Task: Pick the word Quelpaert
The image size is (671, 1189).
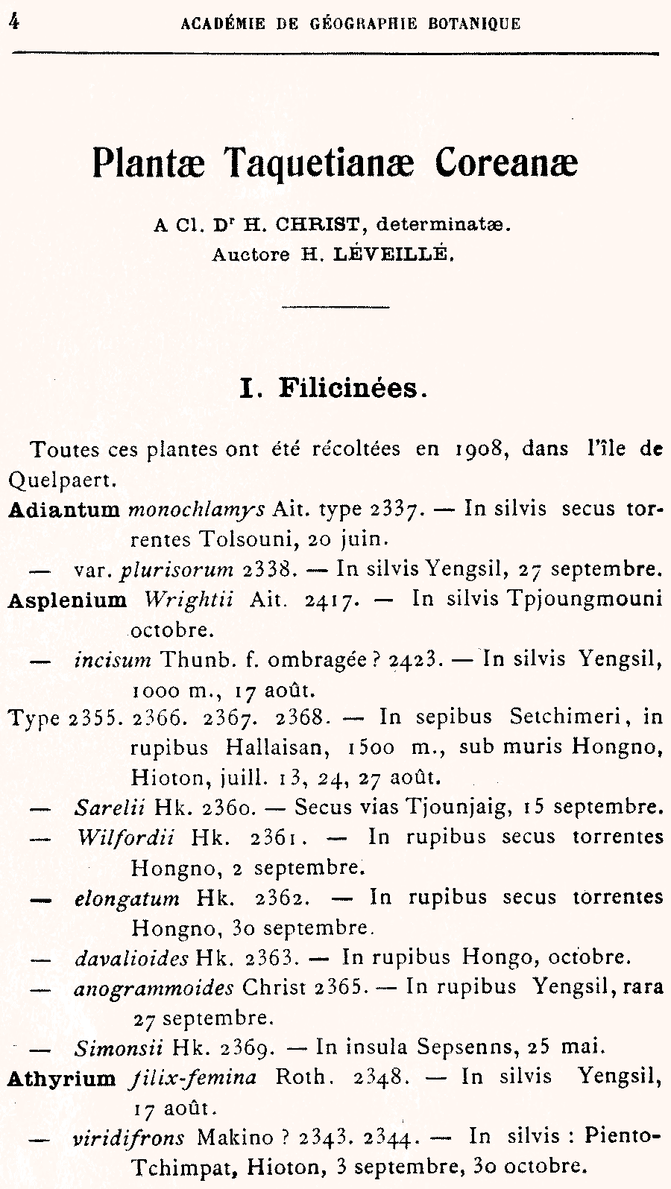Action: coord(61,480)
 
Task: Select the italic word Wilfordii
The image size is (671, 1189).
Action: coord(126,837)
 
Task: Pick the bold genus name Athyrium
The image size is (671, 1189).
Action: coord(61,1077)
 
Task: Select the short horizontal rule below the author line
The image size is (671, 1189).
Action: coord(335,306)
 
